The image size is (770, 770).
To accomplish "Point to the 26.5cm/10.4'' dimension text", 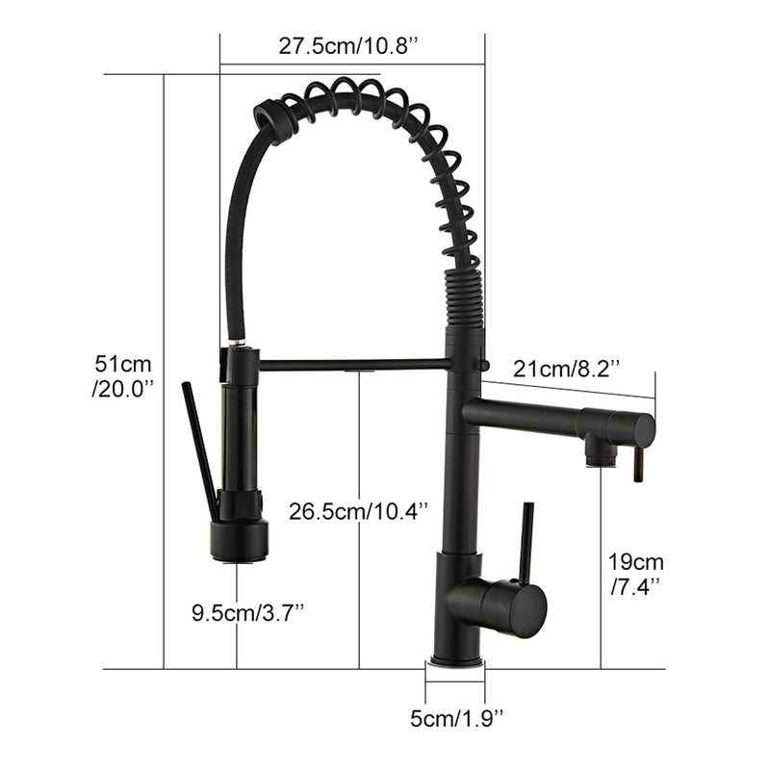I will click(358, 511).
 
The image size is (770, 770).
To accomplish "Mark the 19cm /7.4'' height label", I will click(635, 573).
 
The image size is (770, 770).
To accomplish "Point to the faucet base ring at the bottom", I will click(456, 662).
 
